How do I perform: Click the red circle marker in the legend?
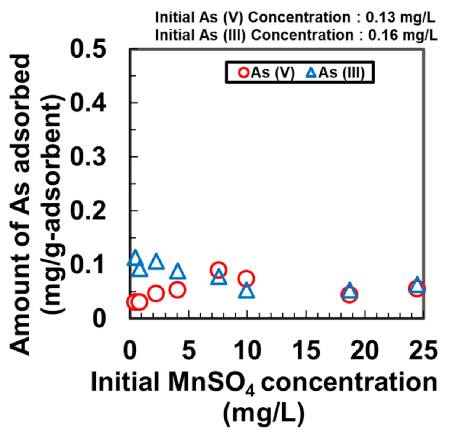point(243,72)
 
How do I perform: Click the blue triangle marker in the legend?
point(311,72)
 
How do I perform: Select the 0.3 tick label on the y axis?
point(88,156)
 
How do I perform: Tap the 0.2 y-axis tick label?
point(88,210)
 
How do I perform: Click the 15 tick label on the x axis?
point(306,350)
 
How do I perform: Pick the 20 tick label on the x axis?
point(365,350)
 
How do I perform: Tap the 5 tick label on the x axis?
point(189,350)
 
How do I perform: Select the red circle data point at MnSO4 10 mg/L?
point(246,278)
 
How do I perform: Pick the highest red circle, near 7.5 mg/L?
point(219,270)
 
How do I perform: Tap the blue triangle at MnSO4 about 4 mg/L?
point(178,272)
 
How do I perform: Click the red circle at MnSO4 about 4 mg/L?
point(177,289)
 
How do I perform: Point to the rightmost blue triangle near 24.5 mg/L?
point(417,285)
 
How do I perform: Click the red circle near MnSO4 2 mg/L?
point(156,294)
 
